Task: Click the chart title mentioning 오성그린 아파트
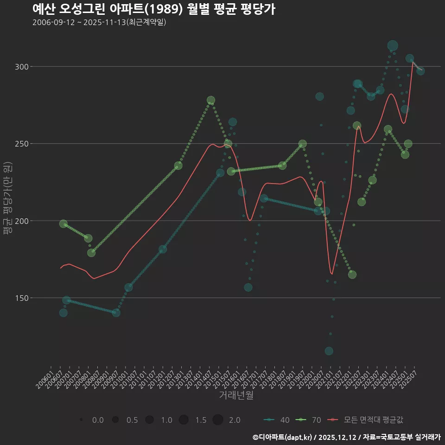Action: click(154, 9)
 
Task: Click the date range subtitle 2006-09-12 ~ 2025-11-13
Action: click(99, 22)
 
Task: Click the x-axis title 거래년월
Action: click(236, 395)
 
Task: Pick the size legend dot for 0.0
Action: click(81, 420)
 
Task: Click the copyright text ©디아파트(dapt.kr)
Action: click(283, 437)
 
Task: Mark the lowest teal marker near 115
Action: click(329, 351)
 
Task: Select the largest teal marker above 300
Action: click(393, 45)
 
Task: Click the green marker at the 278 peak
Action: click(211, 100)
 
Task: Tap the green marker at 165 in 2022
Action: click(352, 274)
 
